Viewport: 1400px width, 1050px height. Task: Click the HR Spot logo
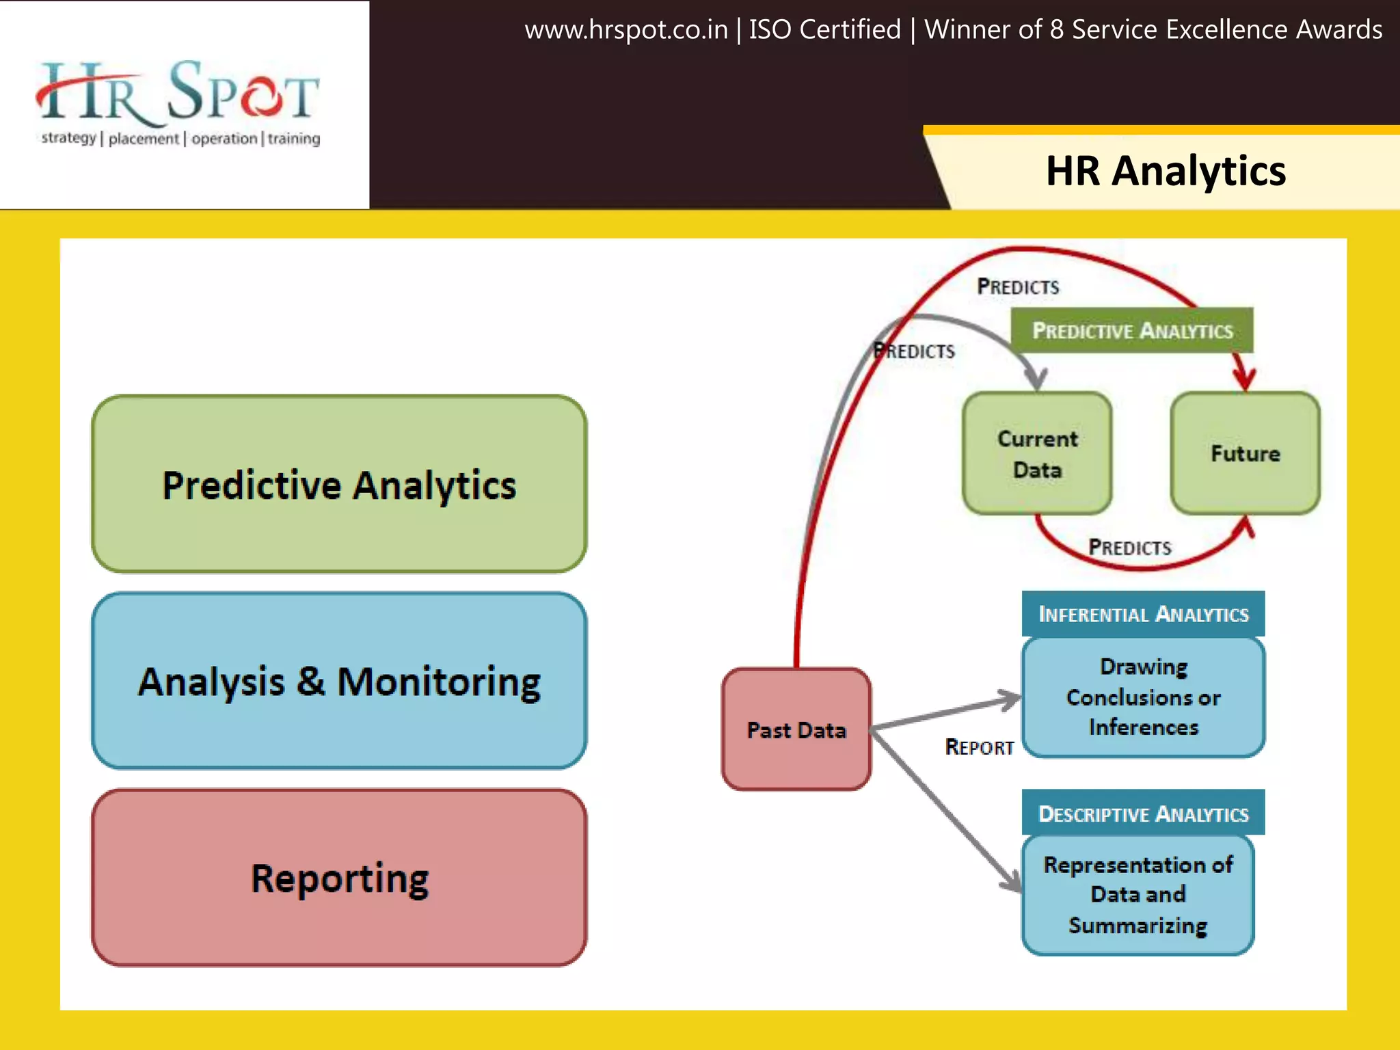tap(178, 96)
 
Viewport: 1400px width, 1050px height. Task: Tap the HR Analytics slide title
tap(1166, 171)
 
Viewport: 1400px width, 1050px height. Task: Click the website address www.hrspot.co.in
tap(625, 30)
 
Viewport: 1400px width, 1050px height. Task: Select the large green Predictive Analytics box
tap(339, 484)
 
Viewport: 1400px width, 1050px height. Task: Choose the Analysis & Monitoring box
tap(339, 681)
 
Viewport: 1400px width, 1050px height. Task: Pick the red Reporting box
tap(339, 878)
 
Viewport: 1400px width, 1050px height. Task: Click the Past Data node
tap(796, 729)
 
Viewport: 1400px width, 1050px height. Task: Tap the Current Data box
tap(1037, 454)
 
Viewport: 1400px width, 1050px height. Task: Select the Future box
tap(1245, 453)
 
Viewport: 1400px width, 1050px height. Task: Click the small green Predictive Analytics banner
tap(1132, 331)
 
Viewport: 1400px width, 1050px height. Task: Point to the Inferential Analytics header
tap(1143, 614)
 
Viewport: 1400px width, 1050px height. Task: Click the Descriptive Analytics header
tap(1143, 813)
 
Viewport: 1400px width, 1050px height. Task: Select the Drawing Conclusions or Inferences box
tap(1143, 697)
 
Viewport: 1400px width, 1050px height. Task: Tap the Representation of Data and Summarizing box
tap(1137, 895)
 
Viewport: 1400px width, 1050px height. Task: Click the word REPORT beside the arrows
tap(979, 747)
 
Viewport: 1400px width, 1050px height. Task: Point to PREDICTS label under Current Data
tap(1129, 548)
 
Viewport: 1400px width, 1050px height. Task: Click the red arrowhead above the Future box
tap(1243, 378)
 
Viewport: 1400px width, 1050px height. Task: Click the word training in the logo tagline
tap(293, 139)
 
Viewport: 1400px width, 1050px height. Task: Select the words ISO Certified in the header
tap(824, 30)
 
